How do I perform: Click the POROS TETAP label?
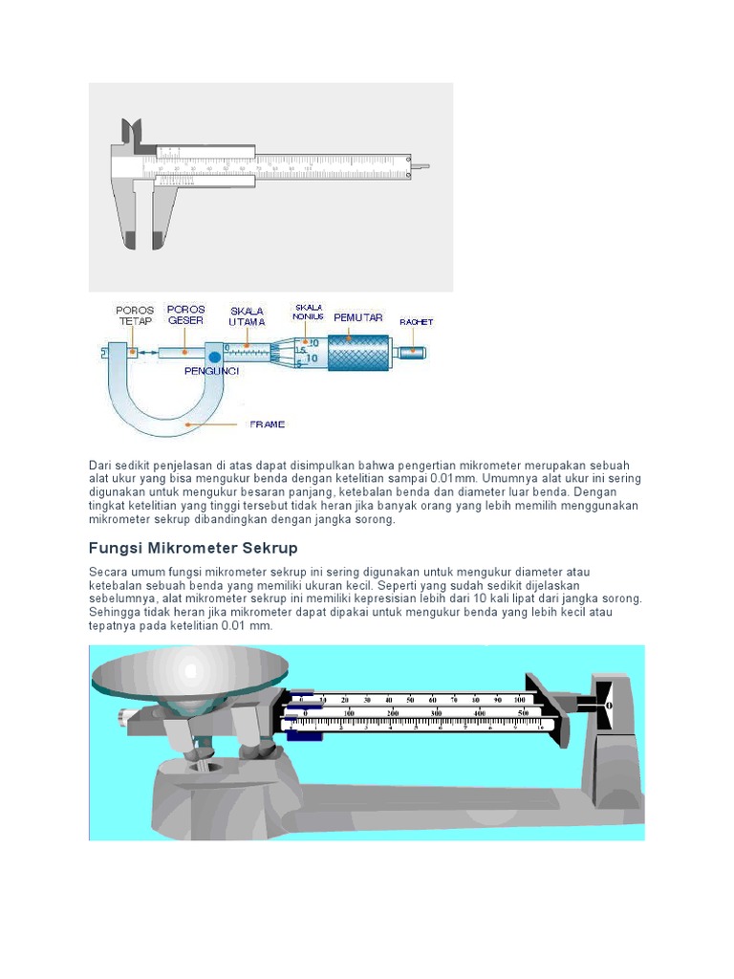[134, 315]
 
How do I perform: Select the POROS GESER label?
[185, 315]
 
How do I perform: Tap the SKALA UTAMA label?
[247, 316]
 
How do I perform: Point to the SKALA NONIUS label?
[309, 311]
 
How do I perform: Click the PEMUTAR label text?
[358, 316]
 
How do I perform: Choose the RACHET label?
[416, 322]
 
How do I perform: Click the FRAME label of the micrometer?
[267, 424]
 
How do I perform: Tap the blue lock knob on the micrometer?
[202, 357]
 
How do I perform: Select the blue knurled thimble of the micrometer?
[358, 352]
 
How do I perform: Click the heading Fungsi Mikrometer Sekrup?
[193, 548]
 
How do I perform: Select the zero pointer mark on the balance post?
[609, 705]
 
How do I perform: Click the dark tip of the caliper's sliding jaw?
[156, 239]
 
